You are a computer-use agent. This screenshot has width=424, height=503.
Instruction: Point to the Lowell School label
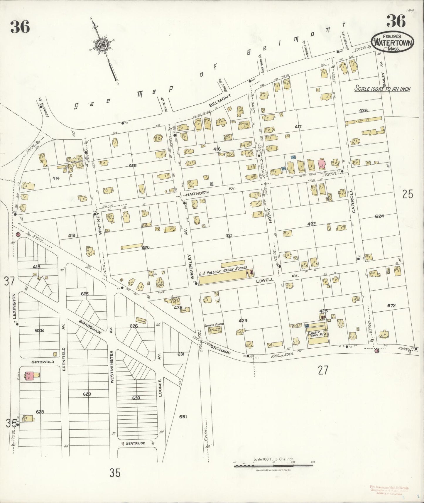point(214,325)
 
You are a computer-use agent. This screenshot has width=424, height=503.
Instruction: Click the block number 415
point(133,166)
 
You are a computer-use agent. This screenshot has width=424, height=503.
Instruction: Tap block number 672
point(391,305)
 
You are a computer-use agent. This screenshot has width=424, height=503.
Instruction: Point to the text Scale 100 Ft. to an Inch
point(382,89)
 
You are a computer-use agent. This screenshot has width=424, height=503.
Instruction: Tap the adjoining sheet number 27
point(323,371)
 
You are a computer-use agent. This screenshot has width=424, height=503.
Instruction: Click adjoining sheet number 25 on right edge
point(408,194)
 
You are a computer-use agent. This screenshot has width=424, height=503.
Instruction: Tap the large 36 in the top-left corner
point(20,27)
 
